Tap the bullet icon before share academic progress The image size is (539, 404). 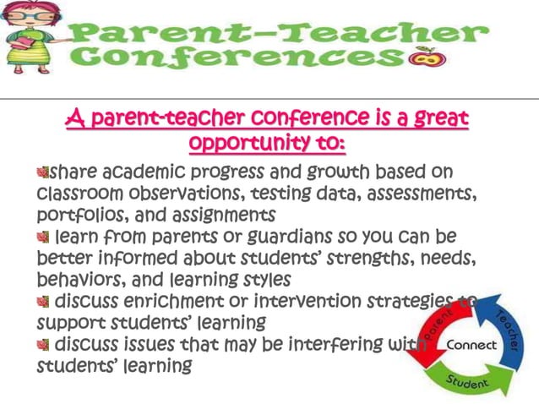coord(45,173)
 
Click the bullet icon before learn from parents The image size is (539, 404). coord(43,237)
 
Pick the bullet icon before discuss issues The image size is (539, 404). coord(43,345)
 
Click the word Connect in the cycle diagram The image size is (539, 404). coord(471,346)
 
